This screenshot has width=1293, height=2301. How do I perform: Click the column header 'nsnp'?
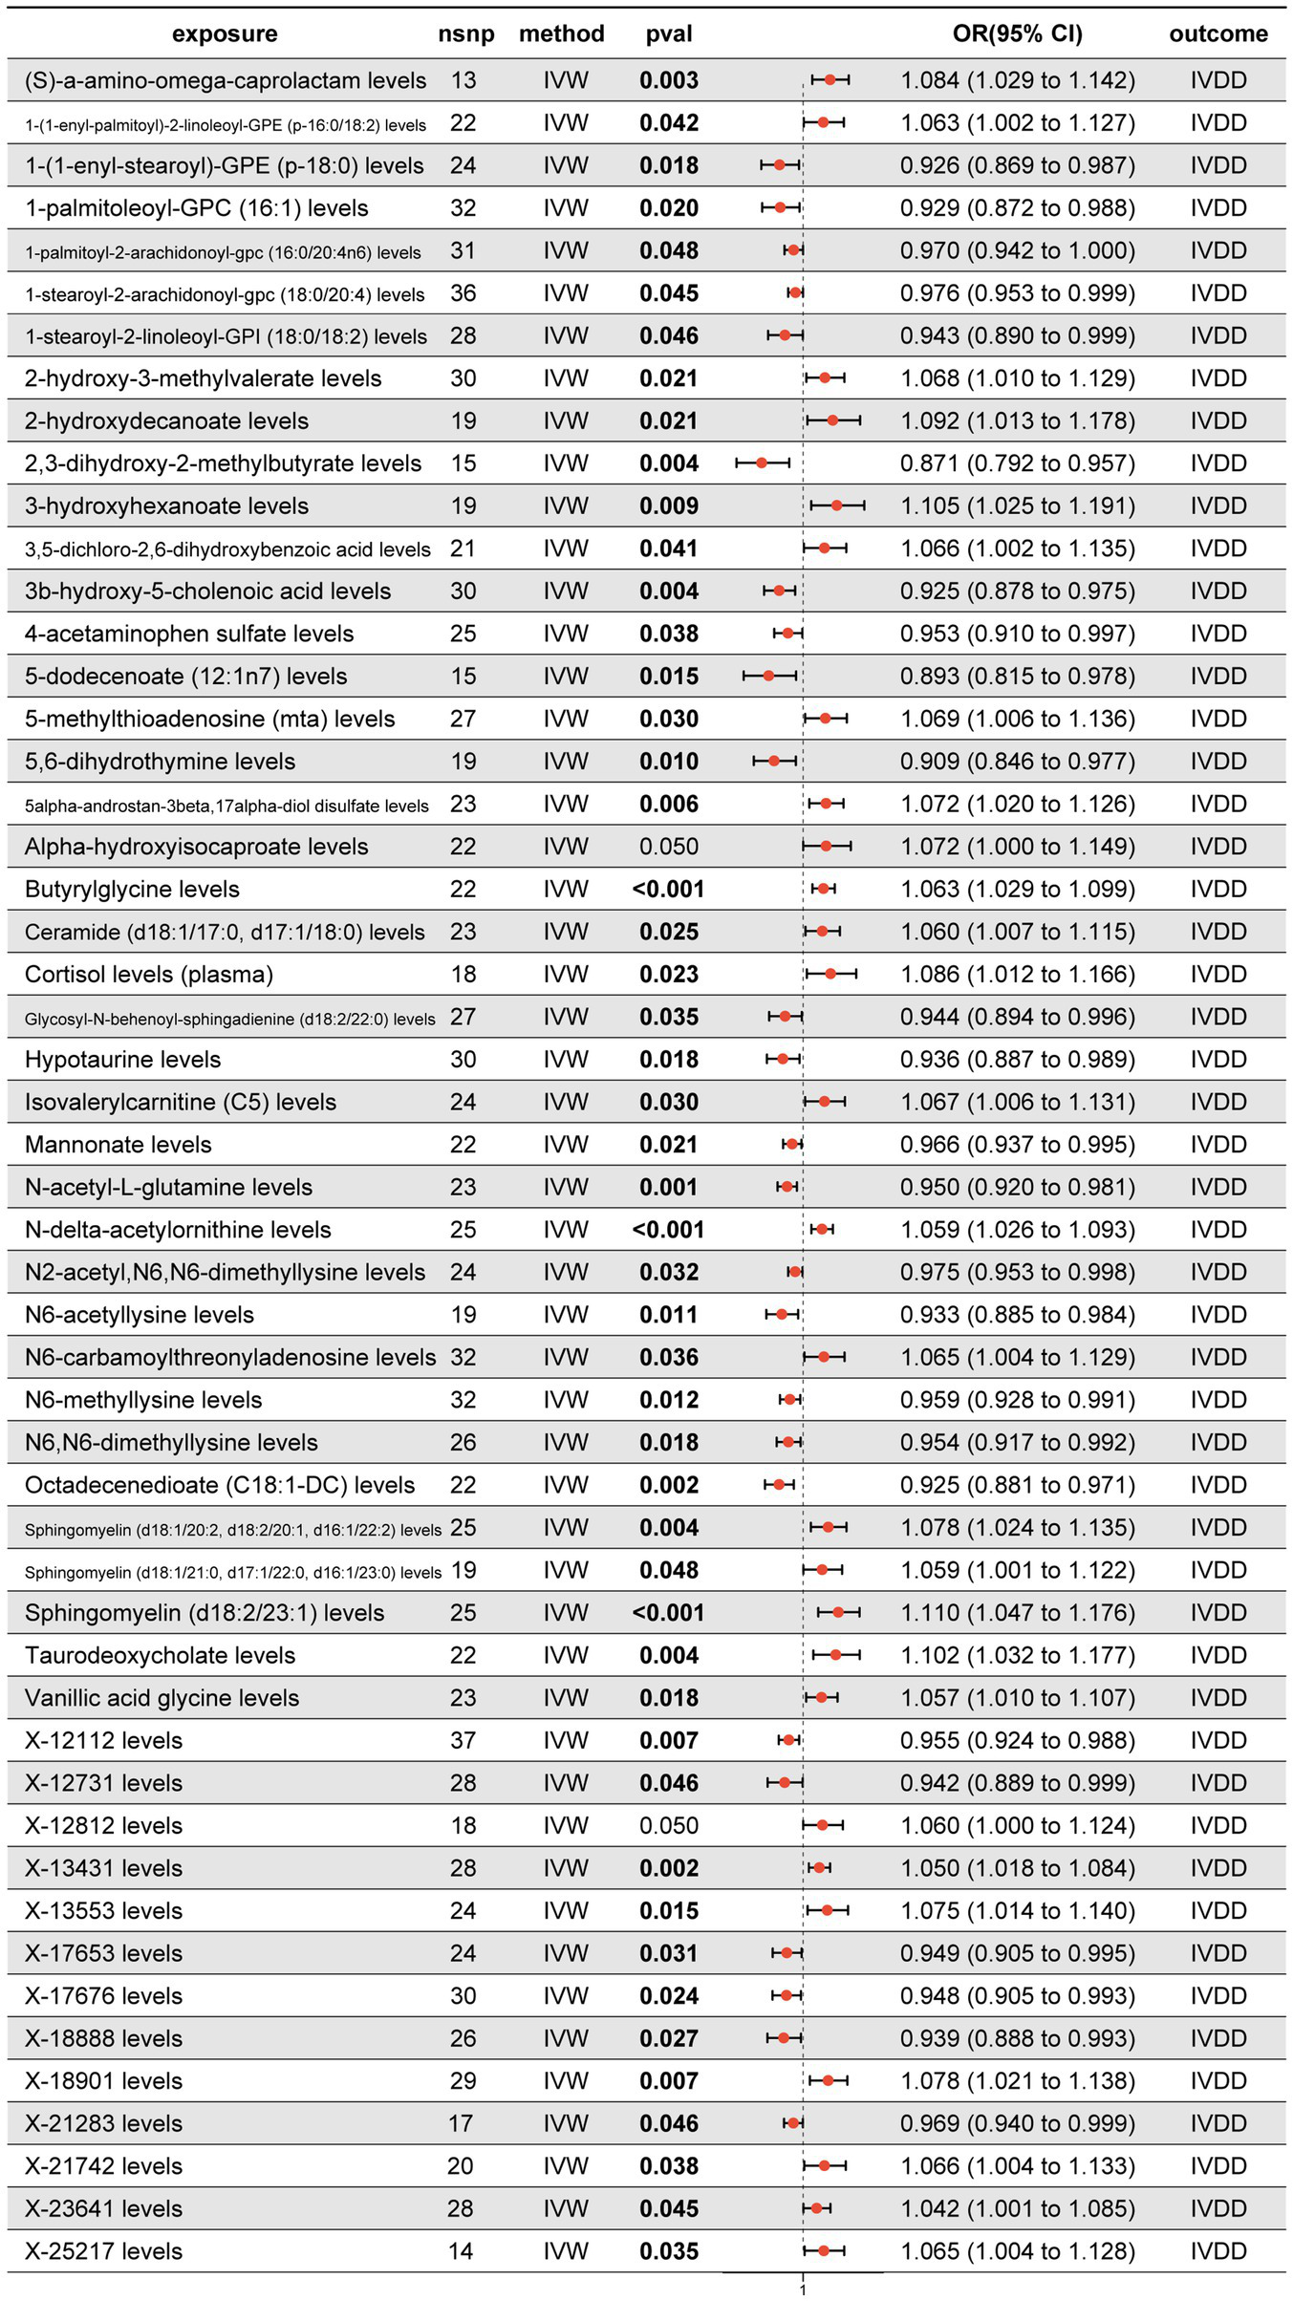(x=466, y=34)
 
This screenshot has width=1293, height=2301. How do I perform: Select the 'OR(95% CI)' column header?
(x=1017, y=34)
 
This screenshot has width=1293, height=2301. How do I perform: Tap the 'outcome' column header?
(x=1218, y=34)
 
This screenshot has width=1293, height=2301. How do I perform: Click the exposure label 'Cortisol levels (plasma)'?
(x=149, y=975)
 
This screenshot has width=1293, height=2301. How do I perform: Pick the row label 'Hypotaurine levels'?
(x=122, y=1060)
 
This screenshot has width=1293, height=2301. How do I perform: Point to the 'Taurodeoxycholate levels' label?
(x=160, y=1656)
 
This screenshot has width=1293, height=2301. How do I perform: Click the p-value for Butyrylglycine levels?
(x=668, y=890)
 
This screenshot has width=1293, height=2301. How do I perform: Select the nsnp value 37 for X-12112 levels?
(x=463, y=1741)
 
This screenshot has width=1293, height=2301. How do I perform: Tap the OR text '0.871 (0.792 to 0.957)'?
(x=1017, y=463)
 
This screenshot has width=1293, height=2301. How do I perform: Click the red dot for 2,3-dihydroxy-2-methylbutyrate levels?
(x=762, y=463)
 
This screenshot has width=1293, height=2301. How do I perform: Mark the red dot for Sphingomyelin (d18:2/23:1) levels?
(x=838, y=1613)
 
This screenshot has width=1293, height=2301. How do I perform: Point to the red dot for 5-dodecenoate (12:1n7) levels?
(x=769, y=677)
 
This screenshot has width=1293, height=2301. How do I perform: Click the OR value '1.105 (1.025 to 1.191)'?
(x=1017, y=506)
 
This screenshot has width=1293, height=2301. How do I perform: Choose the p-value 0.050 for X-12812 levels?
(x=669, y=1826)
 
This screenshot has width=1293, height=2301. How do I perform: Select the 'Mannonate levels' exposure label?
(x=119, y=1145)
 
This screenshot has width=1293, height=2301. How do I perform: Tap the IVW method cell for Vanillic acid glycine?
(x=566, y=1698)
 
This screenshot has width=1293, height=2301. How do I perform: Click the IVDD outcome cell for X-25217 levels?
(x=1218, y=2252)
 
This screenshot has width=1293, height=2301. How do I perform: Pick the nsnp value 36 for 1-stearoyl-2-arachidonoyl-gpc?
(x=463, y=293)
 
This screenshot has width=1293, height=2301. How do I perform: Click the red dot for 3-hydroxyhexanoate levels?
(x=837, y=506)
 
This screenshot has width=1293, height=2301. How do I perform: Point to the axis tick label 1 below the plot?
(x=803, y=2291)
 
